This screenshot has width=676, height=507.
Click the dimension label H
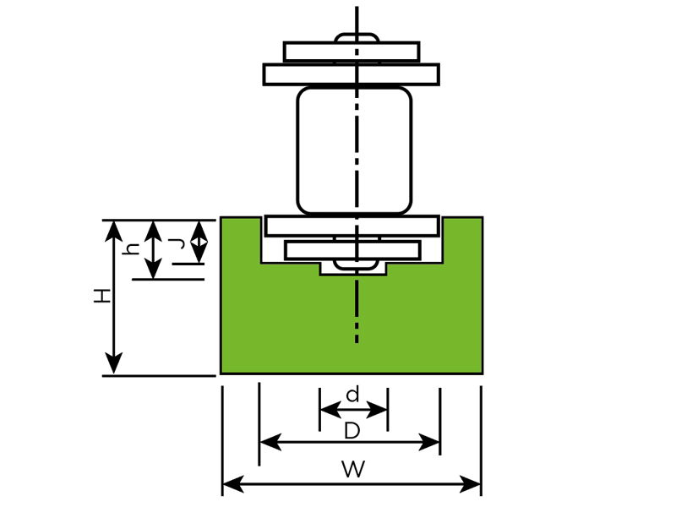pos(102,297)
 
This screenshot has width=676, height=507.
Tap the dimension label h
pos(133,248)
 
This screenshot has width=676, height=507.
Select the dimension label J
pos(177,243)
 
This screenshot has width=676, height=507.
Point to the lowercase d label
pos(353,394)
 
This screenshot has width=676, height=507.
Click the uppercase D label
pos(352,431)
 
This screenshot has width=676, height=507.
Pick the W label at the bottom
pos(352,470)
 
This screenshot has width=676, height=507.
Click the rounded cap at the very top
pos(357,37)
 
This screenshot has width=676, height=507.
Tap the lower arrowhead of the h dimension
pos(152,272)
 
